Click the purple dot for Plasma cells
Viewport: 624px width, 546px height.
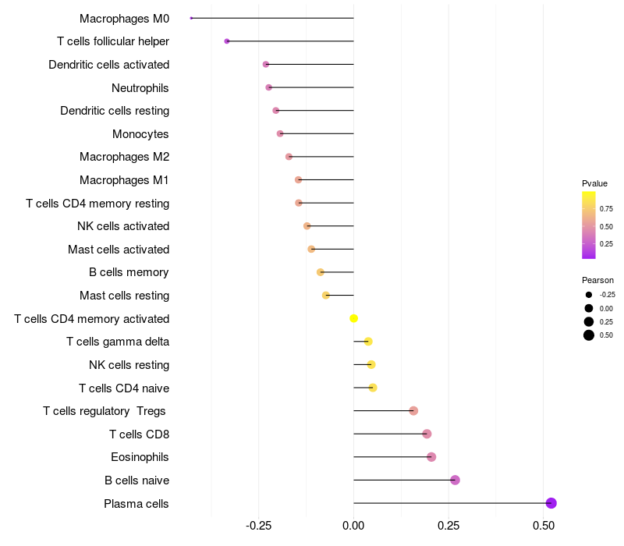[x=551, y=503]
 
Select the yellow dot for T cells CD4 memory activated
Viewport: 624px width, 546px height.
[x=353, y=318]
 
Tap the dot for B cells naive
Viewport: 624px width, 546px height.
[x=455, y=480]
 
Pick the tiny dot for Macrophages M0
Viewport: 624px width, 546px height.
[x=191, y=18]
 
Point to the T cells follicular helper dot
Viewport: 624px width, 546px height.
[x=227, y=41]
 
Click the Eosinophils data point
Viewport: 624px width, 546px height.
[x=431, y=457]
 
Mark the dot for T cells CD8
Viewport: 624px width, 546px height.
[x=427, y=434]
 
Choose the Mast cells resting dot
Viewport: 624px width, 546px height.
[x=326, y=295]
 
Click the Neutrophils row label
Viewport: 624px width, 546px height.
[x=140, y=87]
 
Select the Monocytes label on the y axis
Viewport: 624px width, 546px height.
[x=140, y=134]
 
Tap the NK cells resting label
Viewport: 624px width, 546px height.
[x=129, y=365]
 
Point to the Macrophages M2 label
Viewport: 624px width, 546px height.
[x=124, y=157]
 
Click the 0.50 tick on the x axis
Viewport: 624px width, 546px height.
[x=544, y=526]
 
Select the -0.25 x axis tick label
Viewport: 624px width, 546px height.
[x=258, y=526]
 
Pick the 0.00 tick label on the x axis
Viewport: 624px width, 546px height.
[x=353, y=526]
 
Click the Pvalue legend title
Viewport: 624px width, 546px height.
[x=594, y=183]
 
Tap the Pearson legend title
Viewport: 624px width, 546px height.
[x=597, y=280]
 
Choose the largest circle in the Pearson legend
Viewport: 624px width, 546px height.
[x=588, y=335]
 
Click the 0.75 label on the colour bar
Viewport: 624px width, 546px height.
[x=606, y=209]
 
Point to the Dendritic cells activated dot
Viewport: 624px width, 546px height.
[x=266, y=64]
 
